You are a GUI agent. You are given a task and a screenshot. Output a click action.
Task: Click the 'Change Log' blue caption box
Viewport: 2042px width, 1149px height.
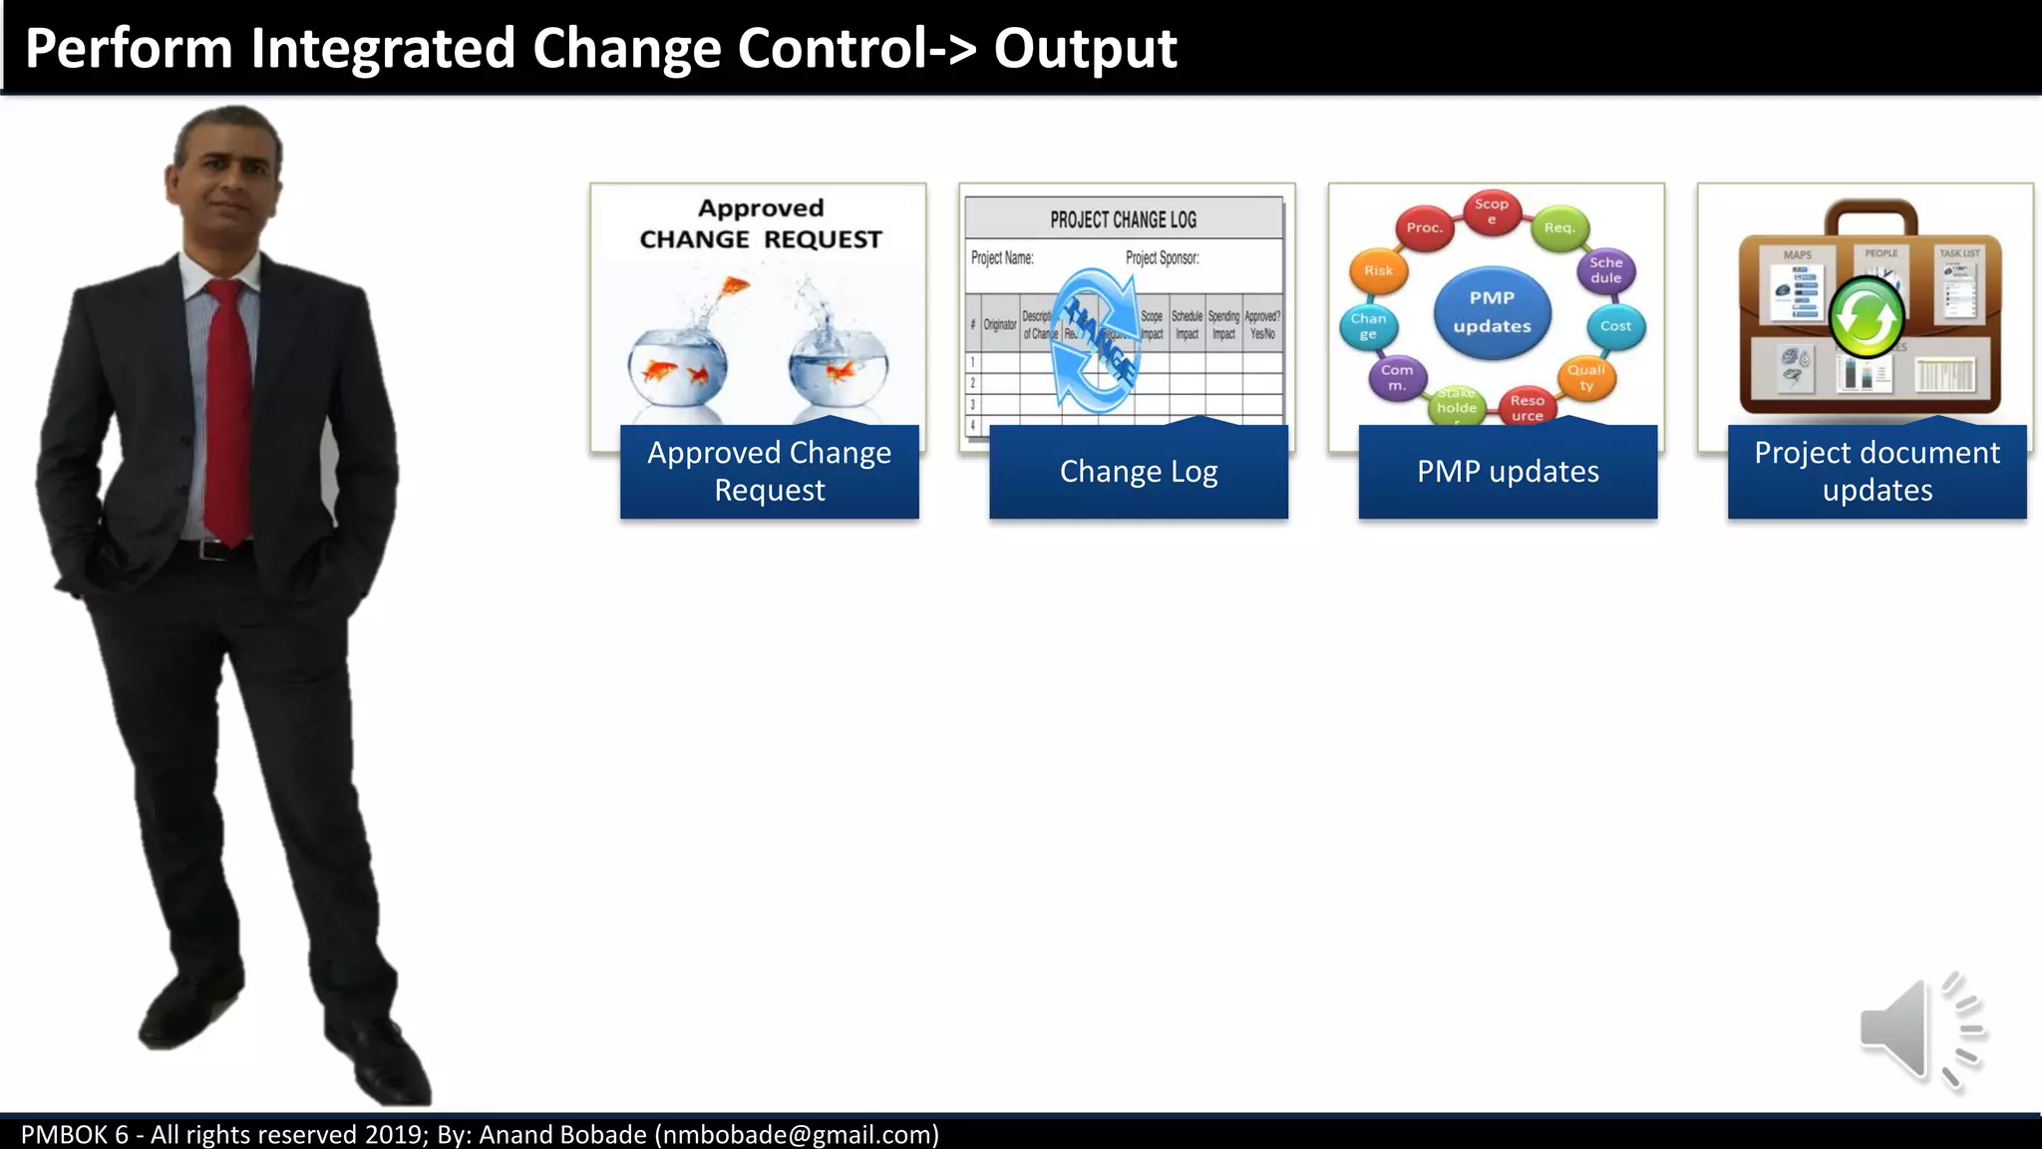pyautogui.click(x=1138, y=472)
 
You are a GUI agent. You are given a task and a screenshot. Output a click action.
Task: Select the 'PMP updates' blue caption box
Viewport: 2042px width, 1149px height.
pyautogui.click(x=1507, y=472)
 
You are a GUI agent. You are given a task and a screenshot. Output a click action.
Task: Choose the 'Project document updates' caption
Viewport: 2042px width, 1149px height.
pyautogui.click(x=1875, y=472)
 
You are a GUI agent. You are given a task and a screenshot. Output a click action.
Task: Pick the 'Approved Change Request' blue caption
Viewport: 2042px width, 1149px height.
pyautogui.click(x=769, y=472)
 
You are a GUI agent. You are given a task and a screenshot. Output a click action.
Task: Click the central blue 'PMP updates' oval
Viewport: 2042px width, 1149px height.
pyautogui.click(x=1492, y=312)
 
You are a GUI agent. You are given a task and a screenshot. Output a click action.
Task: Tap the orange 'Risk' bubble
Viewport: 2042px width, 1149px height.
pyautogui.click(x=1378, y=270)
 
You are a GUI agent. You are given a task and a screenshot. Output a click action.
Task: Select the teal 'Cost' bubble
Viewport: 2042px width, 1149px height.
pyautogui.click(x=1615, y=326)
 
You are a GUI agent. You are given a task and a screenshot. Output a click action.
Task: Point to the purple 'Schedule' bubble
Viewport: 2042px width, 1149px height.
pyautogui.click(x=1605, y=270)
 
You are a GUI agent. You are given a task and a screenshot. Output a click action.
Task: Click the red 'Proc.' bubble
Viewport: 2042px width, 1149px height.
pyautogui.click(x=1424, y=227)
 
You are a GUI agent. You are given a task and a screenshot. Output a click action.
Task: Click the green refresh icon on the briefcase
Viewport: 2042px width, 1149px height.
pyautogui.click(x=1867, y=318)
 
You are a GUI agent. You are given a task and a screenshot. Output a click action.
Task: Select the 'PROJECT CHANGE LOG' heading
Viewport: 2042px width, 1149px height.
pyautogui.click(x=1123, y=219)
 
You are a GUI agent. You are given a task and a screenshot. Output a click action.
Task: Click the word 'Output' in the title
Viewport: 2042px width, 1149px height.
pyautogui.click(x=1085, y=48)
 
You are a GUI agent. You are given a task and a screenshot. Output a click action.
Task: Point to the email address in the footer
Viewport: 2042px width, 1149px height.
pyautogui.click(x=796, y=1135)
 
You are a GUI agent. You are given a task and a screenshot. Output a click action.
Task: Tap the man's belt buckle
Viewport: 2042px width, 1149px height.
pyautogui.click(x=210, y=550)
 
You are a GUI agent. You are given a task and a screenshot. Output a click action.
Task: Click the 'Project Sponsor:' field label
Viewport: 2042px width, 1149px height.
pyautogui.click(x=1162, y=258)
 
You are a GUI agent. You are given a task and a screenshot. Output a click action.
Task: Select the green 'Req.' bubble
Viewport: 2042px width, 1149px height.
pyautogui.click(x=1558, y=227)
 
